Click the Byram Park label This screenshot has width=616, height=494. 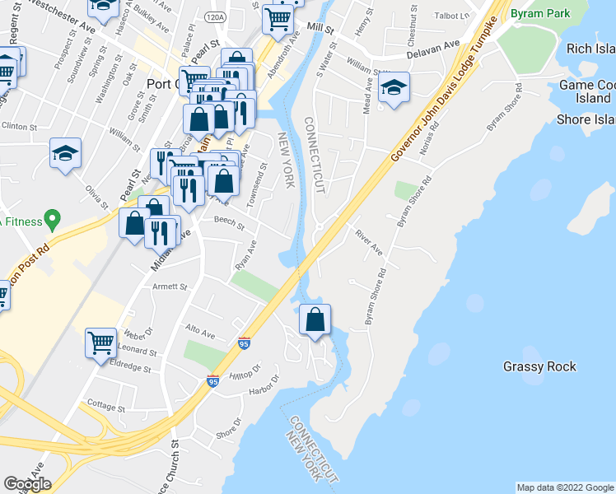click(539, 15)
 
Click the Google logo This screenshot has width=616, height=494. click(27, 484)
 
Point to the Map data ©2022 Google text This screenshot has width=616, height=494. click(564, 487)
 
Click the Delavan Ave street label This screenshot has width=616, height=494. click(433, 50)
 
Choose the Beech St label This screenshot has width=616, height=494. click(229, 222)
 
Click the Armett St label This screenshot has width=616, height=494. click(170, 287)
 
